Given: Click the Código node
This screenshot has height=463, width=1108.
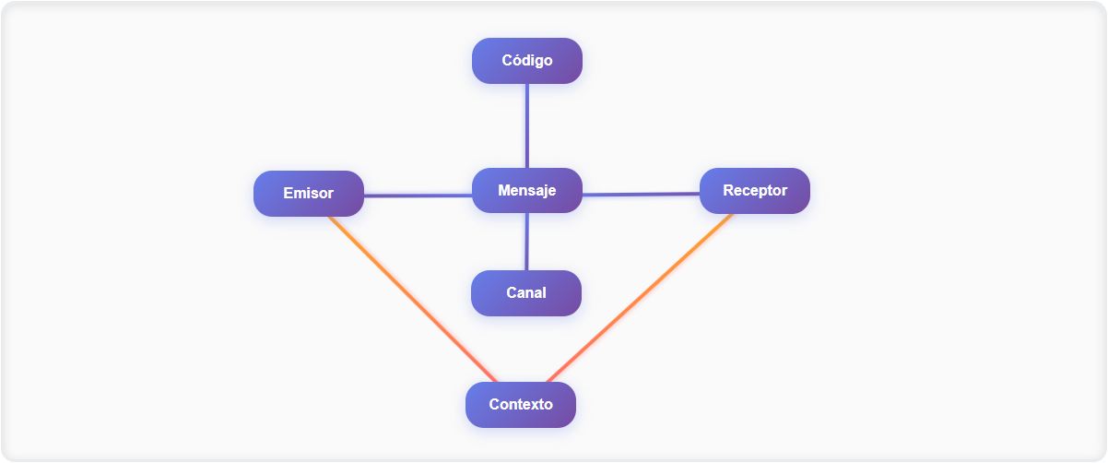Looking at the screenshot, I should [527, 61].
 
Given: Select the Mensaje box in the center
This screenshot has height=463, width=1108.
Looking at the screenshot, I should [527, 191].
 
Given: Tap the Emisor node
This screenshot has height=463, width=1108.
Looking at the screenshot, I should [309, 194].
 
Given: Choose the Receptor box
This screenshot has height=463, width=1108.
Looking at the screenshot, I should [755, 191].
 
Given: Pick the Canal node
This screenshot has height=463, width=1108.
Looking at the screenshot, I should [526, 293].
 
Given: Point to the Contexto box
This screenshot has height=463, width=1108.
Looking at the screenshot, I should [521, 405].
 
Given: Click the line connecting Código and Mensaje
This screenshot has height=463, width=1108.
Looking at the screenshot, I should [527, 125].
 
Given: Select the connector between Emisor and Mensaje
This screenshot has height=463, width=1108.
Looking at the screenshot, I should [418, 196].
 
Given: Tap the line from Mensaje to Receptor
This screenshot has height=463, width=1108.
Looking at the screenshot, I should [641, 195].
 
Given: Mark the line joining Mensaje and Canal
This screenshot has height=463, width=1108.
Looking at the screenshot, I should [527, 242].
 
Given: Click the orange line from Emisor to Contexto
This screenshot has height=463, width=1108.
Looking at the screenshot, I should [412, 299].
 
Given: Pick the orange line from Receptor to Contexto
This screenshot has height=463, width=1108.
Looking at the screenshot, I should [640, 298].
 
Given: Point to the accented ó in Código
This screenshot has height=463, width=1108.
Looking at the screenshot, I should [516, 61].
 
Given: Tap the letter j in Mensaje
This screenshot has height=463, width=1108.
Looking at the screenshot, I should [542, 192].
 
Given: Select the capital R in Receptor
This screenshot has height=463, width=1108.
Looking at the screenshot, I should [728, 191].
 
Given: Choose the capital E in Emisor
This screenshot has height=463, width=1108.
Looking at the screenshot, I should [288, 194].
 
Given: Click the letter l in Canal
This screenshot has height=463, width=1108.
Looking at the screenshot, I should [544, 293].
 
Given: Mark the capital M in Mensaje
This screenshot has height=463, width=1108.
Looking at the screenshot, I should [504, 191].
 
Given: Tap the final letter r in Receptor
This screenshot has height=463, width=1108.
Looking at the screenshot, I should [784, 191].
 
